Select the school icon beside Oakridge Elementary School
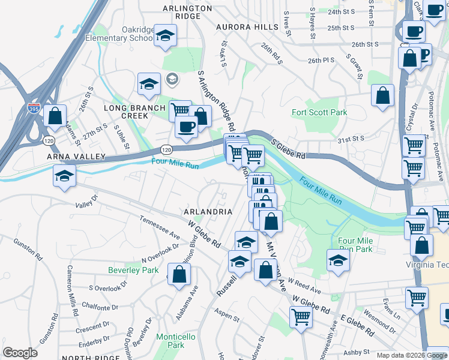[x=164, y=35]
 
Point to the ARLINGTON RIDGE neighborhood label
[x=188, y=12]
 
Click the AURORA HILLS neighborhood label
[x=248, y=27]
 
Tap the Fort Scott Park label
[x=319, y=112]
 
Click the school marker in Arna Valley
[x=64, y=176]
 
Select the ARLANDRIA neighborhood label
[x=208, y=212]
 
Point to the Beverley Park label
[x=133, y=270]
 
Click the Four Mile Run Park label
[x=355, y=244]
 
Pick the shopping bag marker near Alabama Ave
[x=179, y=275]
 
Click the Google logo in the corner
[x=20, y=353]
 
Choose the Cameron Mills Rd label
[x=74, y=291]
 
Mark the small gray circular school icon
[x=172, y=79]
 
